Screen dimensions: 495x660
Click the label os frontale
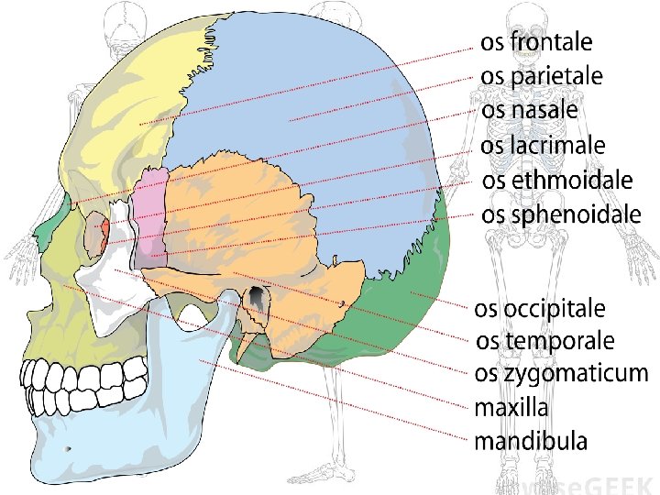click(537, 42)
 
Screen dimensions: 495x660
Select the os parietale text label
click(542, 76)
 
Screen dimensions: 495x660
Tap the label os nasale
click(530, 110)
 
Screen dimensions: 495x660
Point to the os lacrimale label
click(543, 145)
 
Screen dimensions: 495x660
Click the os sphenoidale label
click(561, 215)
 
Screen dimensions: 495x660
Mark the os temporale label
click(545, 341)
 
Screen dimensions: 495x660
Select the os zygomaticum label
click(561, 374)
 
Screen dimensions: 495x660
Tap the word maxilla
click(511, 407)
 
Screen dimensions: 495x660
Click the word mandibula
click(531, 441)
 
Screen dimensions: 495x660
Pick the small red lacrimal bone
click(105, 227)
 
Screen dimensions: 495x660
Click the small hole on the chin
click(69, 449)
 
